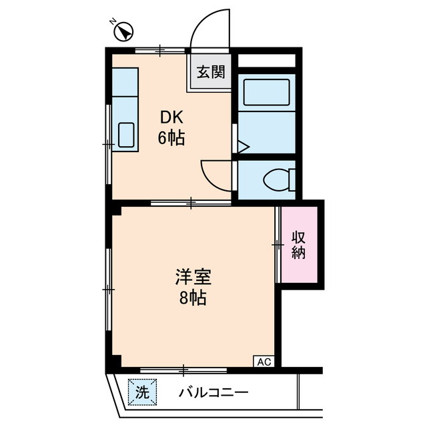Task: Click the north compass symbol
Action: click(125, 30)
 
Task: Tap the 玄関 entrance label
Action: click(210, 71)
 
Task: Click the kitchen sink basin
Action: click(126, 135)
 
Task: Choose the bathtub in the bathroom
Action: click(266, 92)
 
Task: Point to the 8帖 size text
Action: click(193, 298)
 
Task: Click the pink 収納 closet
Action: click(299, 244)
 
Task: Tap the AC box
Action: click(264, 362)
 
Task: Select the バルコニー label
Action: click(213, 392)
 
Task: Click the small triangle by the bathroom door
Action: click(241, 145)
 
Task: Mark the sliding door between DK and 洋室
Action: click(191, 202)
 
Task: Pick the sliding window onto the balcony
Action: click(183, 368)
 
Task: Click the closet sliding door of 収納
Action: click(277, 245)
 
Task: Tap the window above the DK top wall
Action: click(161, 49)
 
